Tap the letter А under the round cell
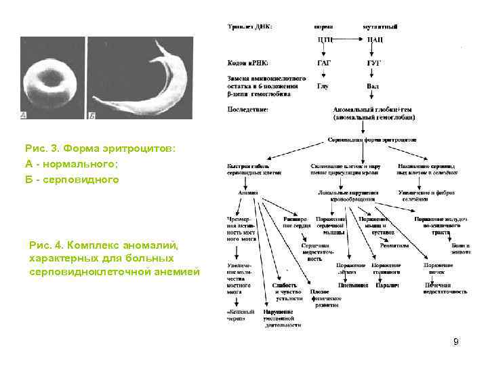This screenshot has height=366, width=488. point(24,116)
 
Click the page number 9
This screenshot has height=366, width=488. point(456,342)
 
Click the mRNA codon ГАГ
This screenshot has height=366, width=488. point(325,62)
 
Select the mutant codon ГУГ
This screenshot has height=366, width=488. point(374,62)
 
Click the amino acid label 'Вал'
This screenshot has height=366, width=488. point(373,86)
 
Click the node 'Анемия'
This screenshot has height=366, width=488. point(248,193)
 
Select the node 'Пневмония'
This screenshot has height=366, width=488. point(352,285)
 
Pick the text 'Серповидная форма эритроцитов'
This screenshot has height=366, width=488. point(372,140)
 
